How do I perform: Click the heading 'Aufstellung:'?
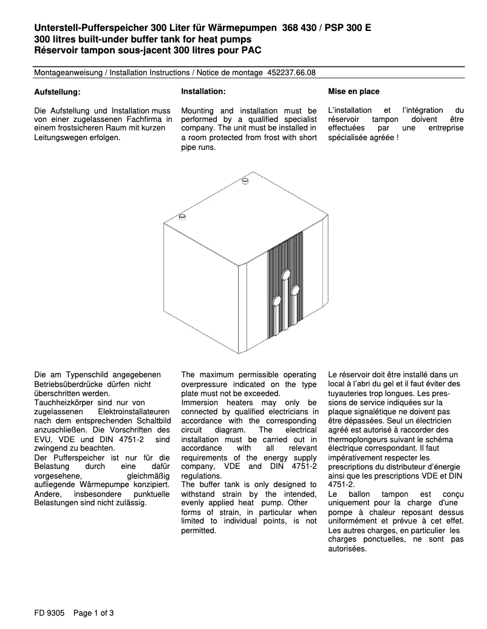point(56,92)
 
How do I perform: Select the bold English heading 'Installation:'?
point(203,91)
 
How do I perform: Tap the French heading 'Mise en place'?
point(353,92)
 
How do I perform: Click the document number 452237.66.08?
point(291,72)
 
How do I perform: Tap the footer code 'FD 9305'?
point(49,613)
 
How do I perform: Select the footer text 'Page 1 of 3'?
point(94,613)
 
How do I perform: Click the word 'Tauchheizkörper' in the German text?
point(62,403)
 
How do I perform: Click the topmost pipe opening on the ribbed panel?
point(285,277)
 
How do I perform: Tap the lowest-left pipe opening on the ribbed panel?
point(276,300)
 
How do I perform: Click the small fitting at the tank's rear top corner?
point(245,180)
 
